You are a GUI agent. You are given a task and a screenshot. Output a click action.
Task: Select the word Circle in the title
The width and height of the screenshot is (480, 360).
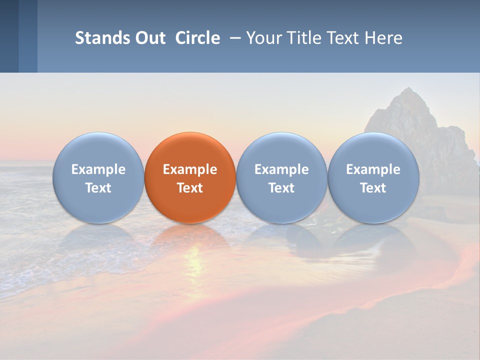point(197,38)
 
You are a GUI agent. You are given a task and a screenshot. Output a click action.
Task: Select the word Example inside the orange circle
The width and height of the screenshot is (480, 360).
point(190,169)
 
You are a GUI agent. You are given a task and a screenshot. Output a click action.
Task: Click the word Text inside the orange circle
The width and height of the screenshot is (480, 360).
point(190,188)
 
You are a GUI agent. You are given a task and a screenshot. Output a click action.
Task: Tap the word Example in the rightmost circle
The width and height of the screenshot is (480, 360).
point(373,169)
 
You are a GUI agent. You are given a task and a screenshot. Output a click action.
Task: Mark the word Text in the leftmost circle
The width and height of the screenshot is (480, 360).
point(98,188)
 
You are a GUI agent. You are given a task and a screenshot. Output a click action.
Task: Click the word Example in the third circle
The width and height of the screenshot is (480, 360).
point(281,169)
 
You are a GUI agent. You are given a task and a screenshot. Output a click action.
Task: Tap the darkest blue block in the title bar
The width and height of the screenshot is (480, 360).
point(9,36)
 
